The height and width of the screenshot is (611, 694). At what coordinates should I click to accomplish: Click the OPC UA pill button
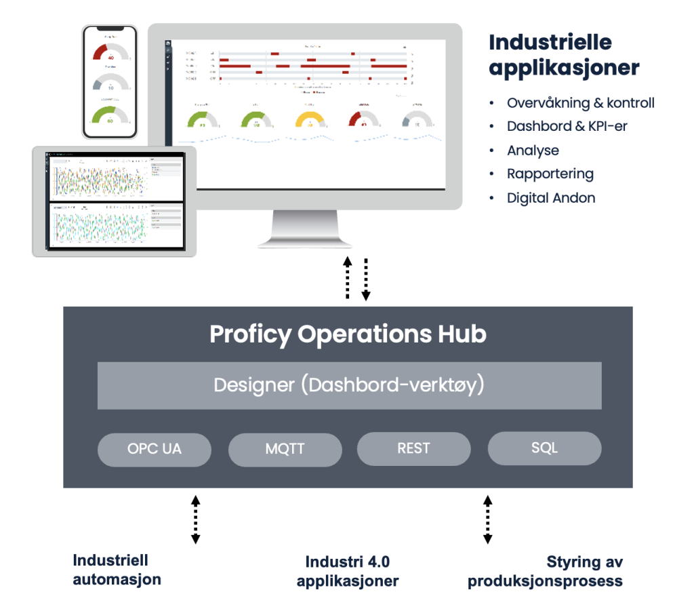[x=155, y=449]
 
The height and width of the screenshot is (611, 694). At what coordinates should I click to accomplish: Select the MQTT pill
[x=285, y=449]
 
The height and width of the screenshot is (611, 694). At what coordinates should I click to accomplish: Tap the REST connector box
[x=413, y=448]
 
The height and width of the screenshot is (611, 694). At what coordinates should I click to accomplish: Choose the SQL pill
[x=544, y=448]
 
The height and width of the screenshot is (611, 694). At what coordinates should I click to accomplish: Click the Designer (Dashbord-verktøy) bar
[x=349, y=385]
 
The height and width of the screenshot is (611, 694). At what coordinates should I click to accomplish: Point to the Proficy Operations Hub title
[x=348, y=334]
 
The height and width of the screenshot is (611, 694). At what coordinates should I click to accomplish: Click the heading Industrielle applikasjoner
[x=564, y=55]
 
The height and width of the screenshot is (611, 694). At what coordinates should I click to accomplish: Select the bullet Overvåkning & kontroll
[x=580, y=103]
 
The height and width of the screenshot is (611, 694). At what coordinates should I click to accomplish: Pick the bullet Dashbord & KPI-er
[x=567, y=126]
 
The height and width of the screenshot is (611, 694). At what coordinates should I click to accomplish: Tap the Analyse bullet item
[x=533, y=151]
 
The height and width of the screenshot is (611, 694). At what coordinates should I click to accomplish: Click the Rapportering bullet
[x=550, y=174]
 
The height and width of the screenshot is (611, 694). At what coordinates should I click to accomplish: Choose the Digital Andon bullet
[x=551, y=198]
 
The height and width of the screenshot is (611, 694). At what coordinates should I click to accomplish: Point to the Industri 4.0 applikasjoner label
[x=348, y=571]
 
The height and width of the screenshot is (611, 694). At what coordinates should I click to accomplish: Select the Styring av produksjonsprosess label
[x=545, y=571]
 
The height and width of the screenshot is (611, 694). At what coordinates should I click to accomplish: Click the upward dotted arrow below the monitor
[x=348, y=278]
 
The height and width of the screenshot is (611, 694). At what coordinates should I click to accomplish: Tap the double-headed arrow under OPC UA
[x=195, y=520]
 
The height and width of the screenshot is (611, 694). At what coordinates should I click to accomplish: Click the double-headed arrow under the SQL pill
[x=487, y=520]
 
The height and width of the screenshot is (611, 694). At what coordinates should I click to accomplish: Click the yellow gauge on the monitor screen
[x=309, y=120]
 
